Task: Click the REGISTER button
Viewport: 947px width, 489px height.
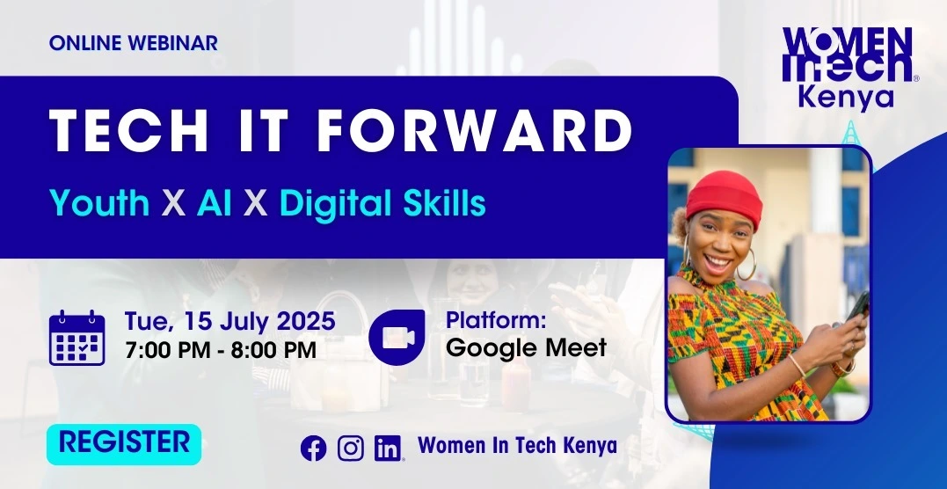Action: (x=124, y=444)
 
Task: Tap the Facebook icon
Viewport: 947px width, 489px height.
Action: (x=313, y=449)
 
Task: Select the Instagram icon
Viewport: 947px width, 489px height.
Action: (x=350, y=449)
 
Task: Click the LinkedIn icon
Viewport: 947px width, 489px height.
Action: (x=388, y=449)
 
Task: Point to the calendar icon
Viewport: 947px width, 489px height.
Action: (x=76, y=338)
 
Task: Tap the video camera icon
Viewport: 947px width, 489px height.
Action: (x=397, y=337)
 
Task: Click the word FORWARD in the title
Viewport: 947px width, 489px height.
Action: (x=475, y=130)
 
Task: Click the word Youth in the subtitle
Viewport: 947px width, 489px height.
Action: (x=99, y=202)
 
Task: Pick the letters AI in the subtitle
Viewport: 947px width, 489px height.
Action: (x=215, y=203)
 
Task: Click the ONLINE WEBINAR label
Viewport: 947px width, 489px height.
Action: (x=134, y=43)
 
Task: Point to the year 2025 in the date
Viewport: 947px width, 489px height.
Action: (x=306, y=321)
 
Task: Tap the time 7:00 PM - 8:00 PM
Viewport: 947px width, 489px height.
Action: (x=221, y=350)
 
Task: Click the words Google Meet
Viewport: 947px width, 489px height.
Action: (x=526, y=348)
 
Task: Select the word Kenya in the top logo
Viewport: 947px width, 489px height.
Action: (x=846, y=98)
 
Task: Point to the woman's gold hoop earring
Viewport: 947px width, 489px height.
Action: (x=747, y=264)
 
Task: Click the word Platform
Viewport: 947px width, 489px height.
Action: (x=496, y=320)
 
